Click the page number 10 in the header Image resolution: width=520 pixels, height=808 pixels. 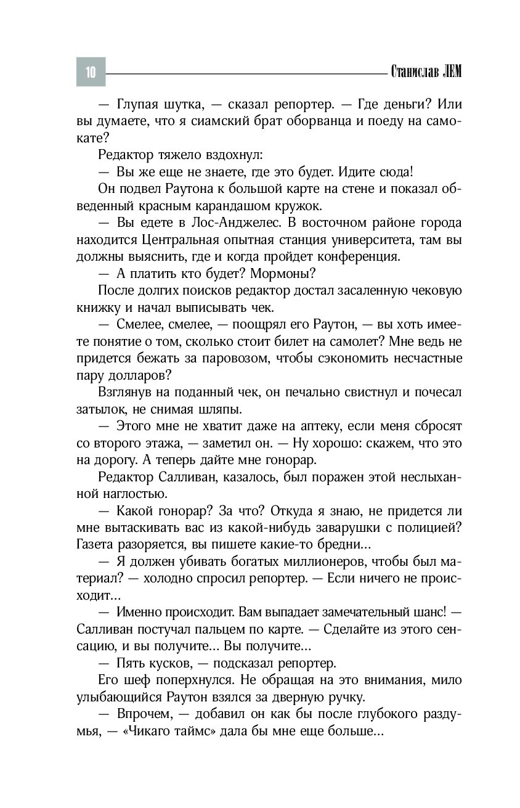pos(91,72)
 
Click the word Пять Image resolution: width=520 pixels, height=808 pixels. pos(132,664)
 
